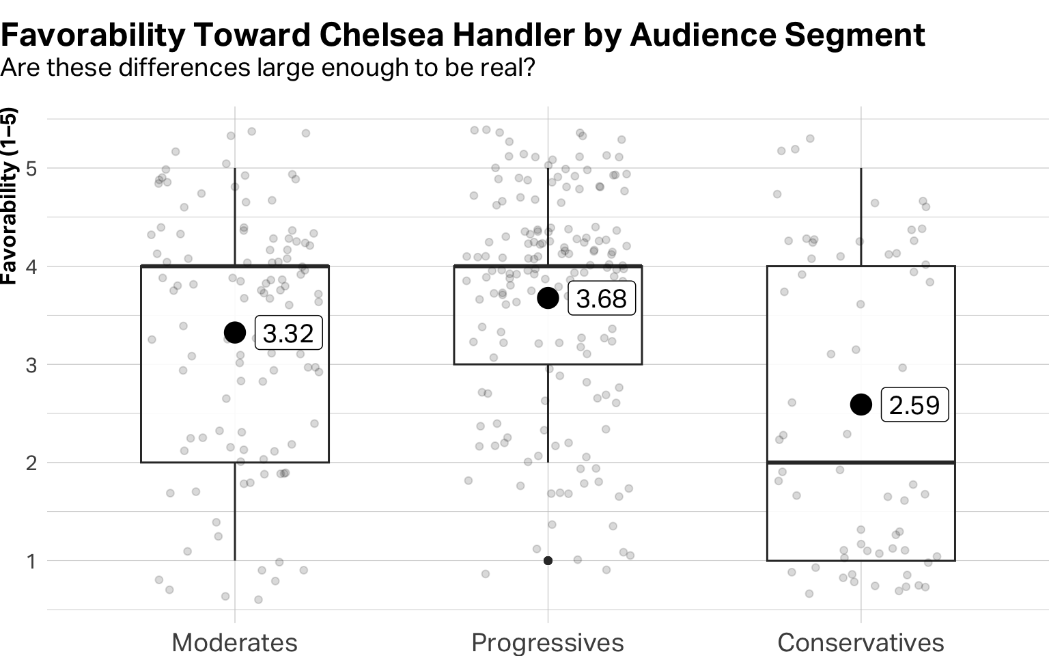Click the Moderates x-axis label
tap(234, 642)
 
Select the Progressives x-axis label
tap(547, 642)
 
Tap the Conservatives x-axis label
tap(861, 642)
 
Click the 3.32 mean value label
tap(288, 333)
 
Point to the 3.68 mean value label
tap(601, 299)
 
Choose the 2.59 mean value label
tap(914, 405)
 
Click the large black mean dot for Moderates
tap(235, 333)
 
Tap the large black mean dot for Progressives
tap(548, 298)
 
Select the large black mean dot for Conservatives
tap(861, 405)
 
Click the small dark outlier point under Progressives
tap(548, 560)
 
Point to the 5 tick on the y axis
tap(31, 168)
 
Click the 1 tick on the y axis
tap(31, 561)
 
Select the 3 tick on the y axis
tap(31, 364)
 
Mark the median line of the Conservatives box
tap(861, 463)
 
